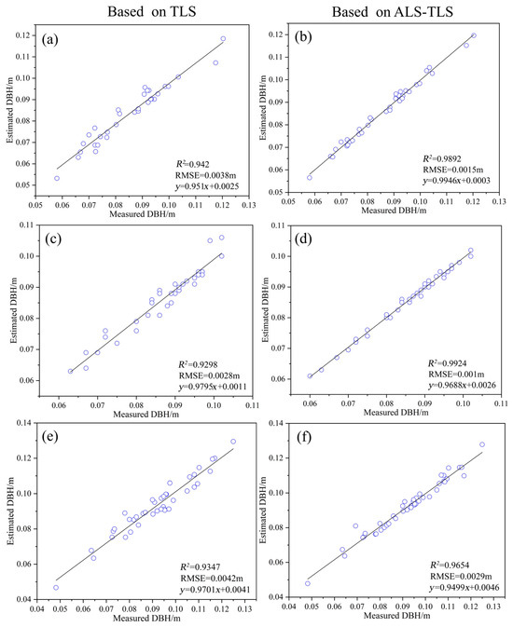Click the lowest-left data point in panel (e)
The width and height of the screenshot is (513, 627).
(56, 587)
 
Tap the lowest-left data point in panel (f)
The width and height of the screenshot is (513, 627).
(308, 583)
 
